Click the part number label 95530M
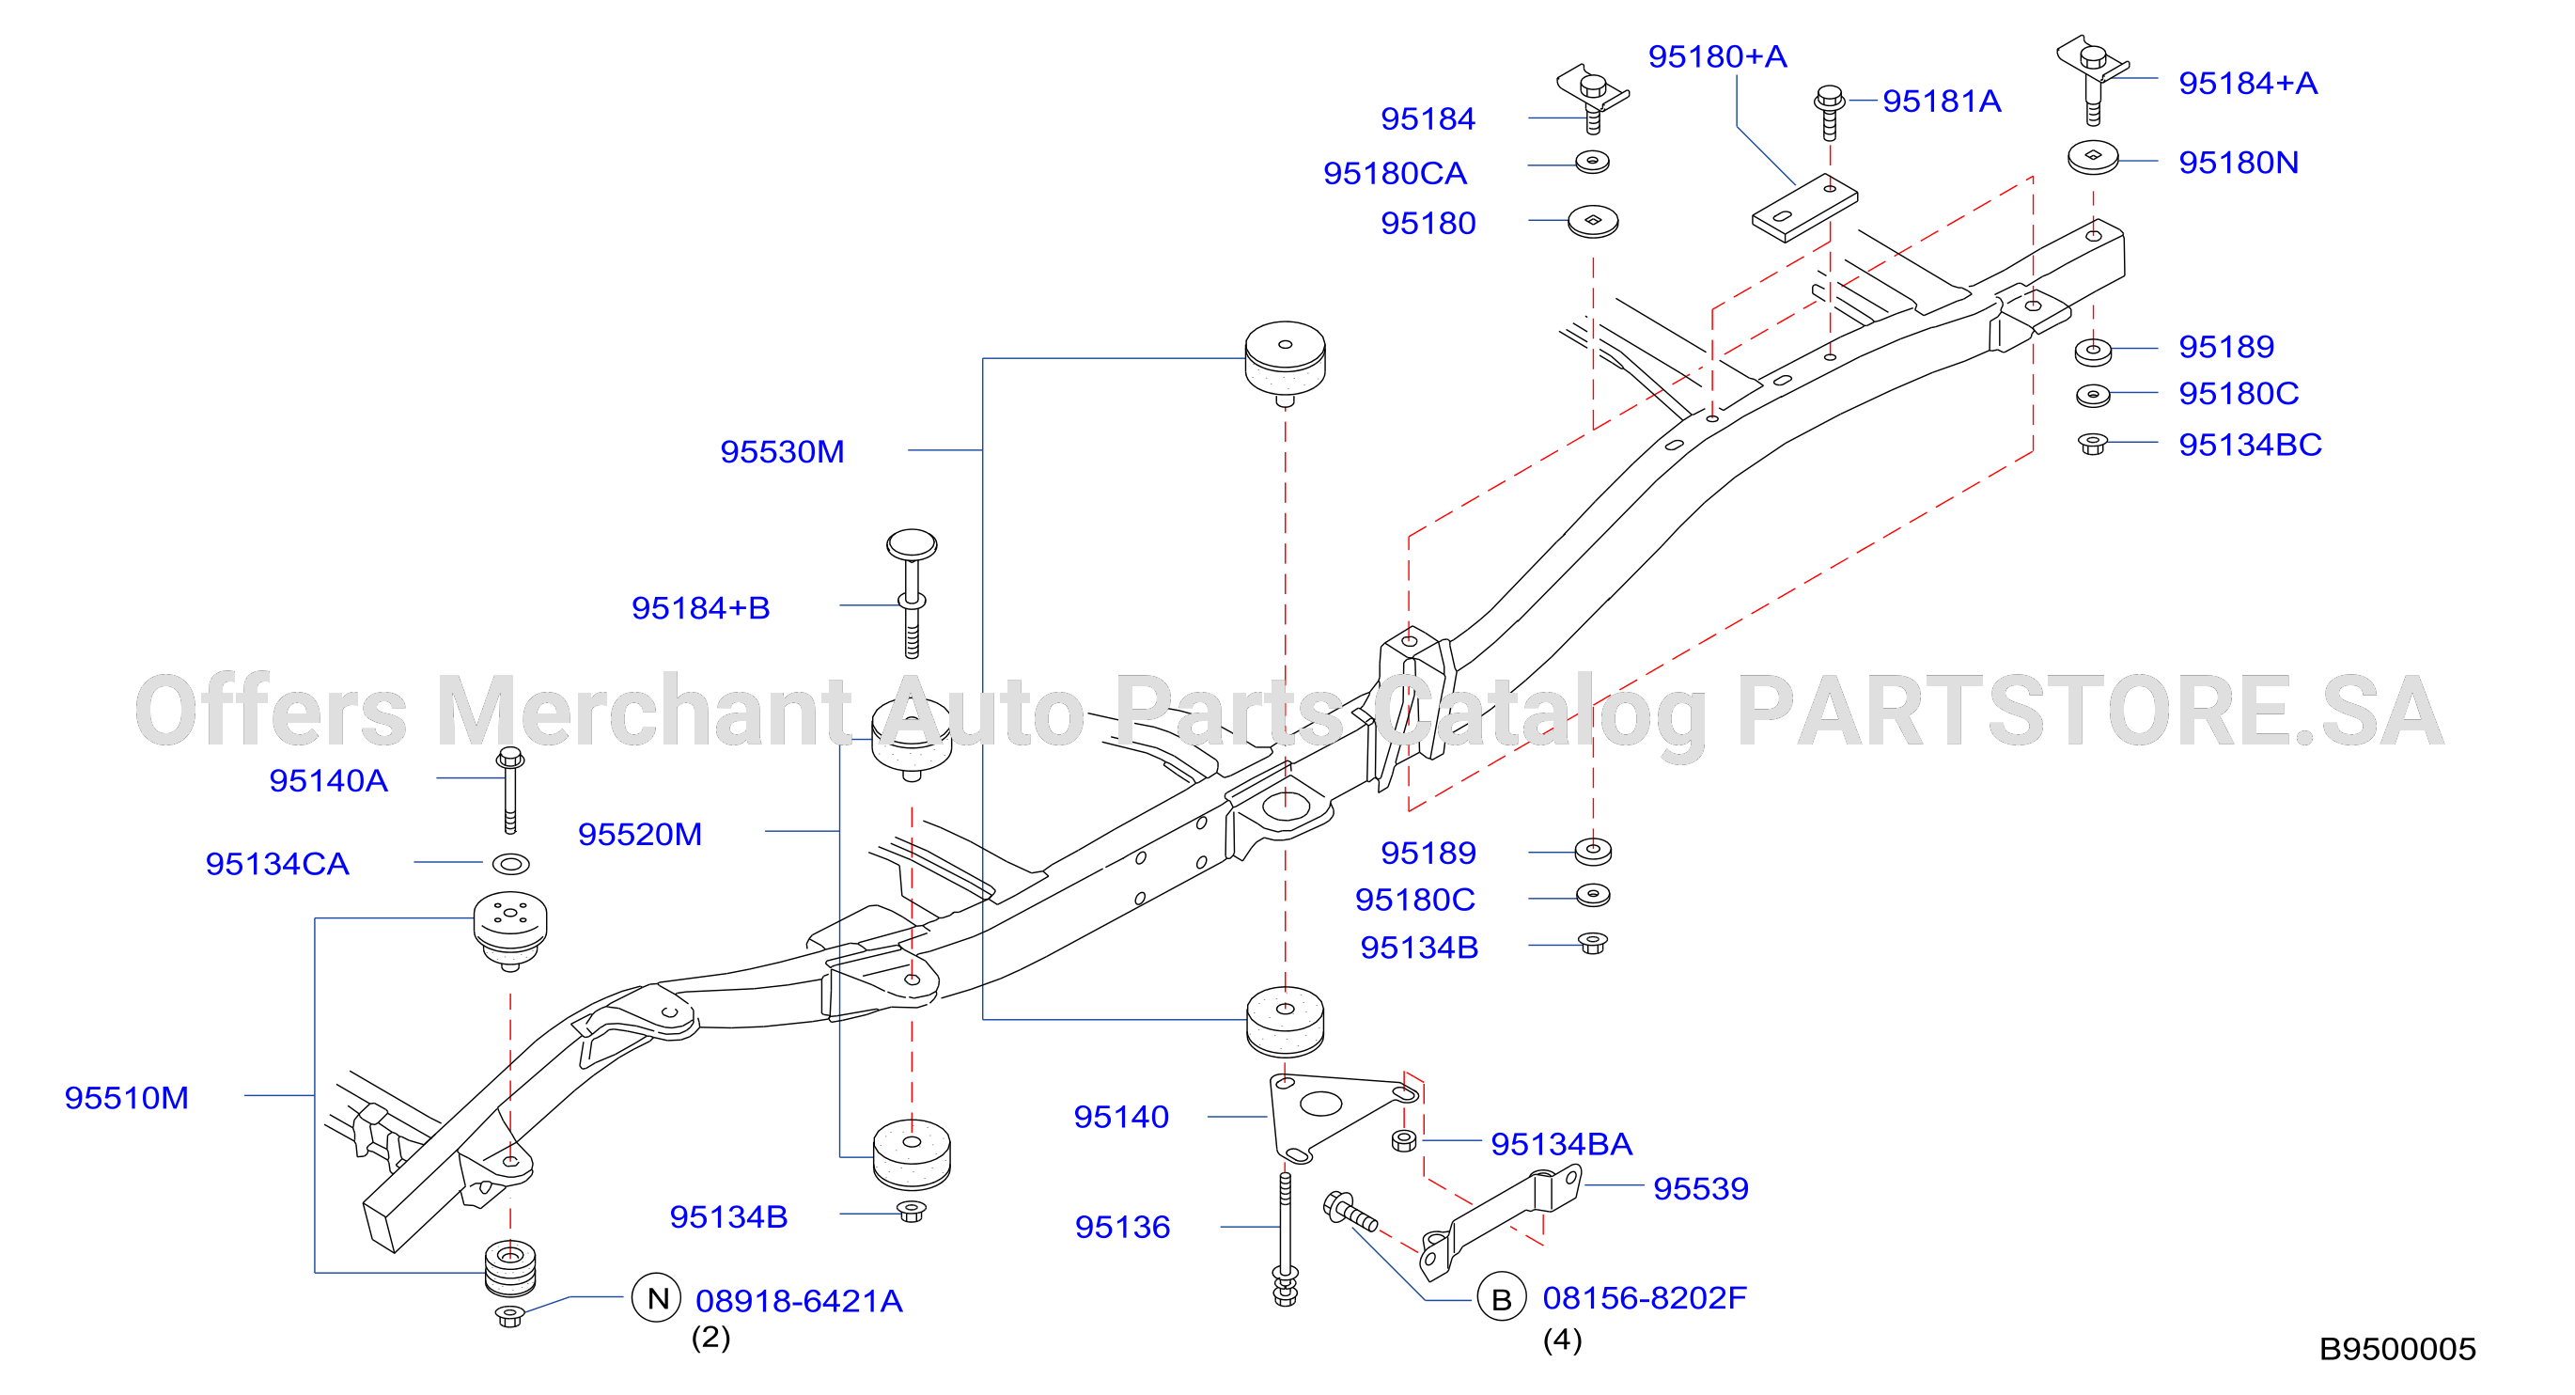pyautogui.click(x=782, y=452)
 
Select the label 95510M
pyautogui.click(x=126, y=1098)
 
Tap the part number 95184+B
pyautogui.click(x=701, y=608)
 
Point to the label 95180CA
pyautogui.click(x=1395, y=173)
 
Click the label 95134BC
pyautogui.click(x=2249, y=444)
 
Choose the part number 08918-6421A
pyautogui.click(x=799, y=1301)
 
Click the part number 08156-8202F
pyautogui.click(x=1645, y=1298)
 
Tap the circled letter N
pyautogui.click(x=657, y=1298)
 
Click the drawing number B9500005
pyautogui.click(x=2397, y=1350)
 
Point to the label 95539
pyautogui.click(x=1700, y=1188)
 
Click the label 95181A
pyautogui.click(x=1942, y=101)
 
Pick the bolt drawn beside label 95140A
pyautogui.click(x=509, y=790)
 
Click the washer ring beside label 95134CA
pyautogui.click(x=511, y=863)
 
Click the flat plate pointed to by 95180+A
pyautogui.click(x=1804, y=208)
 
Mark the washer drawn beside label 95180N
pyautogui.click(x=2092, y=158)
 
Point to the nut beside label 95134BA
pyautogui.click(x=1403, y=1140)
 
